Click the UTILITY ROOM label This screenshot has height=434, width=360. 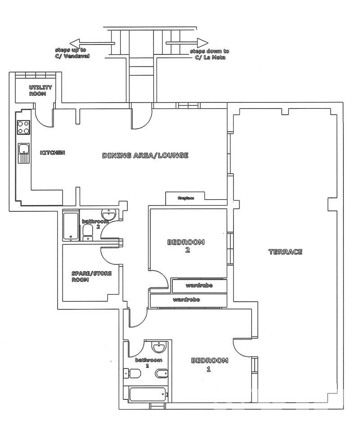(x=40, y=91)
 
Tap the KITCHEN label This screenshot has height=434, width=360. (x=53, y=152)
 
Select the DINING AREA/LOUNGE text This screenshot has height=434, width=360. (x=145, y=155)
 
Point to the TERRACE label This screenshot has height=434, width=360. (x=285, y=252)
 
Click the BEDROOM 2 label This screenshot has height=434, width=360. (x=186, y=246)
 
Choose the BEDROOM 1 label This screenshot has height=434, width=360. (x=210, y=364)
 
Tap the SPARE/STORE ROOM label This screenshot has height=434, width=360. (x=92, y=277)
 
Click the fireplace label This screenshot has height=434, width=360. (x=186, y=198)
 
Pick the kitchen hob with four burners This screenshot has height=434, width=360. (x=23, y=127)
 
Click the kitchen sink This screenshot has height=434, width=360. (x=24, y=153)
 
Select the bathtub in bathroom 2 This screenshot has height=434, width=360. (x=71, y=226)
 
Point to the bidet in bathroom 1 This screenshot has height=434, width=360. (x=161, y=374)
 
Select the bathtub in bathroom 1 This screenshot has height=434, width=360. (x=147, y=394)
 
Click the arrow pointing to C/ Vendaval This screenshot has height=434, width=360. (x=92, y=44)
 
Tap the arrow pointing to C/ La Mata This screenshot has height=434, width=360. (x=187, y=43)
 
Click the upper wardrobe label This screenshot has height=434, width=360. (x=199, y=286)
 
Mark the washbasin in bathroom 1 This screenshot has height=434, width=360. (x=159, y=347)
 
